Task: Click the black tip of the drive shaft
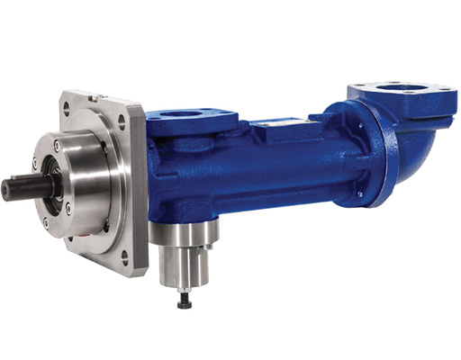[x=7, y=189]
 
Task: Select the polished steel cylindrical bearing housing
[x=86, y=184]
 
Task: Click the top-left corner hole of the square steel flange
[x=66, y=107]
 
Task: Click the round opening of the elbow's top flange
[x=400, y=88]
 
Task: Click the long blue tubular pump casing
[x=270, y=171]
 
